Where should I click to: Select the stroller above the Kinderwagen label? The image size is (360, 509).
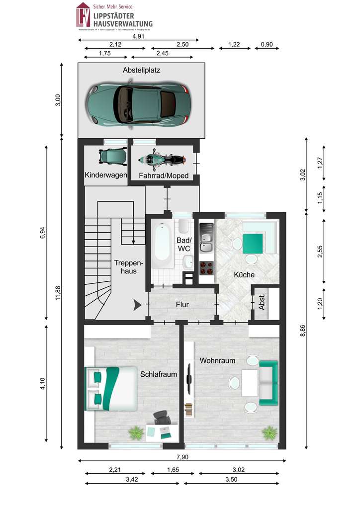110,157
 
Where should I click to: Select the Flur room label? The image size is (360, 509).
182,305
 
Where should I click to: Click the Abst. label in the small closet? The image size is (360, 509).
262,303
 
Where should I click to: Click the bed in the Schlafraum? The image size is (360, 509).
111,388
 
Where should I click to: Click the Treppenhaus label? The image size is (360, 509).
128,266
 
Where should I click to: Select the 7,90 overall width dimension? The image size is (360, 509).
182,457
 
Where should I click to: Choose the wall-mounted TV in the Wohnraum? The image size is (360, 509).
189,380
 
